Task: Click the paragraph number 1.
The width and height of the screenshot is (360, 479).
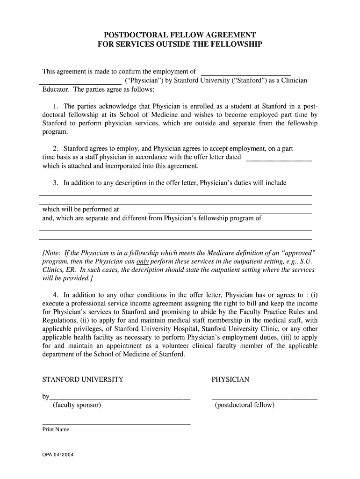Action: (x=55, y=106)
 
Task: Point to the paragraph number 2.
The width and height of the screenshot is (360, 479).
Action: (x=55, y=149)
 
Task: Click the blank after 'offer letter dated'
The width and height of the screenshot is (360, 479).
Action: (x=279, y=158)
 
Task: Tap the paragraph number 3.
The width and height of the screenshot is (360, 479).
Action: (x=55, y=183)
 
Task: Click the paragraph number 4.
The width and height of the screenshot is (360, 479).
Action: (x=55, y=295)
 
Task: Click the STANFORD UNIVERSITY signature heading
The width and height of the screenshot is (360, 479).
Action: (x=83, y=379)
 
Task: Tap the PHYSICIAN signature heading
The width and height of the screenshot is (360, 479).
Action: (x=230, y=379)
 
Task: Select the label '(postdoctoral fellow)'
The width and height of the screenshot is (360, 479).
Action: (x=245, y=405)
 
